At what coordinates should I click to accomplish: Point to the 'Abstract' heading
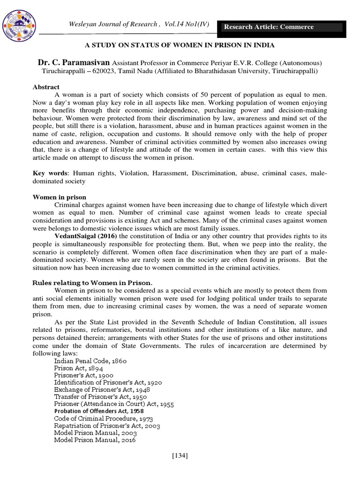pyautogui.click(x=46, y=87)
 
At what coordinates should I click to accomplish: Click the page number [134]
pyautogui.click(x=180, y=455)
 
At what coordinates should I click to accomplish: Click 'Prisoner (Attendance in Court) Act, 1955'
pyautogui.click(x=113, y=403)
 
